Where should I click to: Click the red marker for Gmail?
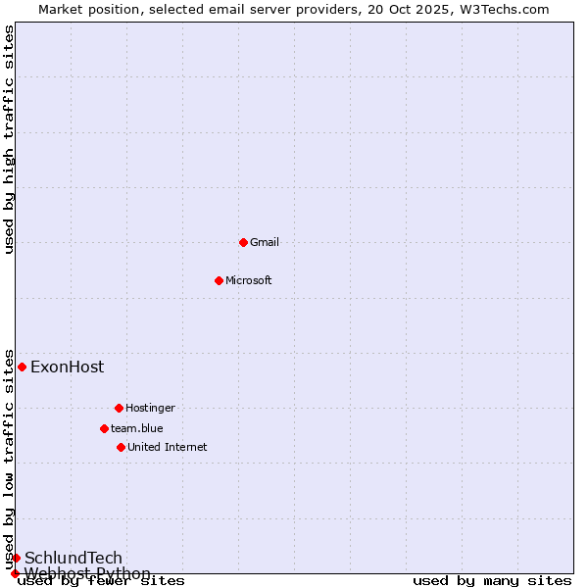click(x=243, y=242)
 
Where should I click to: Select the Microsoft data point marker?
click(x=219, y=280)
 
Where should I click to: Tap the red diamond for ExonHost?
click(x=22, y=367)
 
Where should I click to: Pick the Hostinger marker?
click(x=119, y=408)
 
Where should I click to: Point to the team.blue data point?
click(x=104, y=428)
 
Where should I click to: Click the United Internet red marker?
click(x=121, y=447)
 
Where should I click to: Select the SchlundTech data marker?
click(x=16, y=558)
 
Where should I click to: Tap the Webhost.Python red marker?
click(x=15, y=573)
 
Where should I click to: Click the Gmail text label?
click(x=265, y=242)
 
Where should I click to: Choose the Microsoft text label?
click(x=248, y=280)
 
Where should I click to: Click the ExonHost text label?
click(x=67, y=367)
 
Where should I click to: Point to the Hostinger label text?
click(x=150, y=408)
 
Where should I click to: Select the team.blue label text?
click(x=137, y=428)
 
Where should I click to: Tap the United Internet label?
click(x=167, y=447)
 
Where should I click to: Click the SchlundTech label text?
click(x=73, y=559)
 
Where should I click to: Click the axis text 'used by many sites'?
click(x=492, y=581)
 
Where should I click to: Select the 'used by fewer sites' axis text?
click(x=101, y=581)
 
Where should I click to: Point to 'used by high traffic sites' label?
click(x=10, y=139)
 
